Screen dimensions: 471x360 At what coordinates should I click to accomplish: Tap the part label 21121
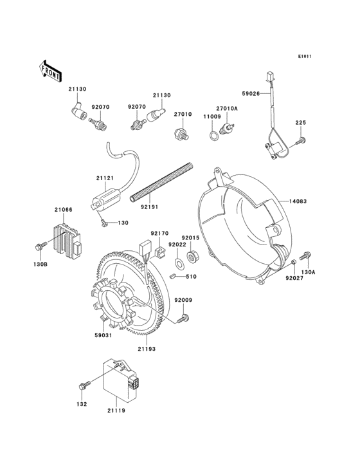105,178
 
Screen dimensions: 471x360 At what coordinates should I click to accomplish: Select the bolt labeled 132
83,386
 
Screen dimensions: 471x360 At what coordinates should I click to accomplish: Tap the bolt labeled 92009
184,318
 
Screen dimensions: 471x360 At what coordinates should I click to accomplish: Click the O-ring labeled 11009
212,135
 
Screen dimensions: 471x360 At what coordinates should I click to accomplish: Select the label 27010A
227,109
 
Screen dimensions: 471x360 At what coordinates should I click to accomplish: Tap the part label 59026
250,94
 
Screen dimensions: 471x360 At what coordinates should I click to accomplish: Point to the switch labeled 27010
181,134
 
